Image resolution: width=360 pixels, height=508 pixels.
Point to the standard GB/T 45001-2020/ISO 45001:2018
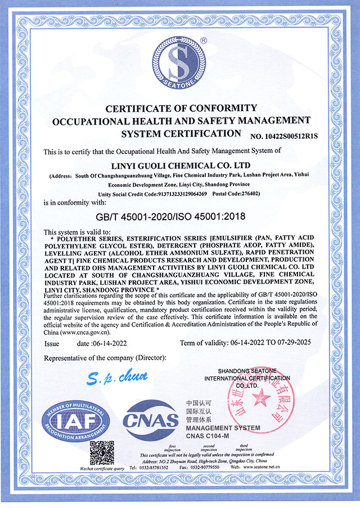(x=180, y=215)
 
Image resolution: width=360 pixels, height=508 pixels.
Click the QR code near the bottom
(x=103, y=452)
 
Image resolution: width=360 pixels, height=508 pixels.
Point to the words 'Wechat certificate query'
(x=79, y=468)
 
